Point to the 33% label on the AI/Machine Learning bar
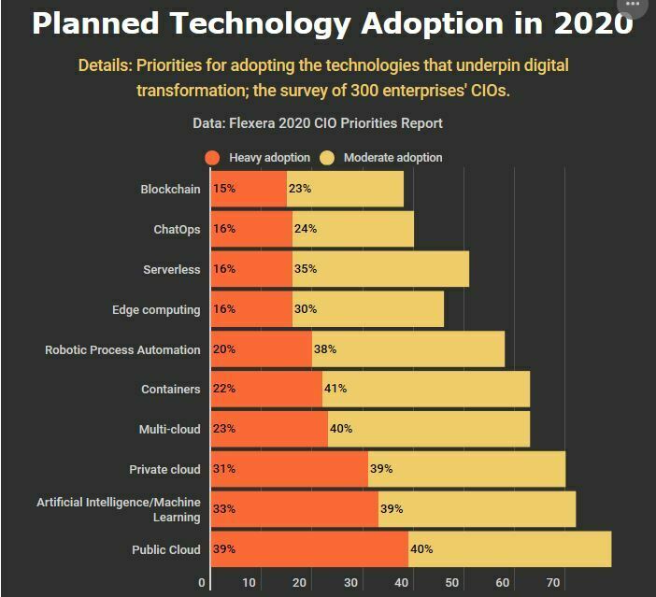tap(223, 509)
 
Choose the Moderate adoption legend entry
tap(382, 158)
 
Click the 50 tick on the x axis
tap(452, 583)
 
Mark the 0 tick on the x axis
tap(202, 583)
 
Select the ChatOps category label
tap(177, 229)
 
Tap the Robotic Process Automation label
tap(122, 349)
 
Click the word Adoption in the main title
tap(442, 24)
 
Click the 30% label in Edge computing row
tap(306, 309)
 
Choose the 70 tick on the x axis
tap(552, 583)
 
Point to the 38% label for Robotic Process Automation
tap(324, 349)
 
